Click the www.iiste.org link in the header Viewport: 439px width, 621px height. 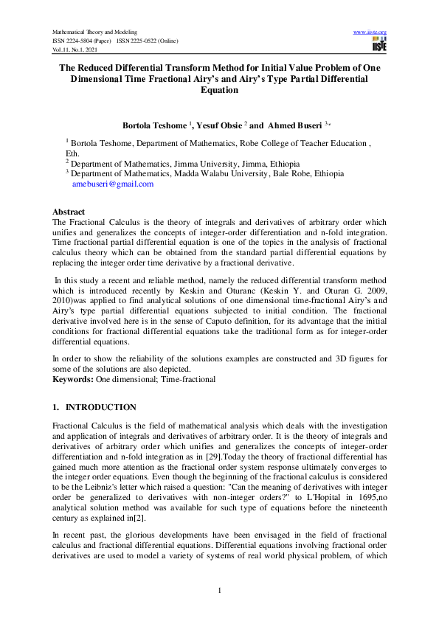pos(370,32)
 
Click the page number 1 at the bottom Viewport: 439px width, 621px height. pos(220,589)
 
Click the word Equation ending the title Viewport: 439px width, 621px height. pos(220,90)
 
